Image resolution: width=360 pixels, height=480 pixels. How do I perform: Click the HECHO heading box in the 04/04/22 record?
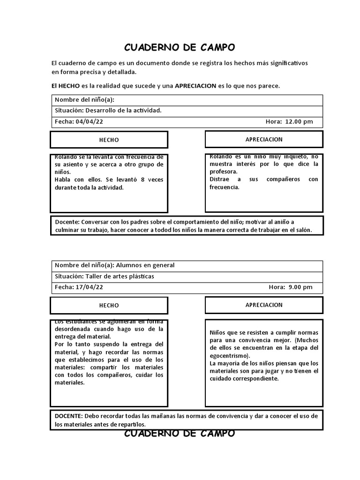coord(109,140)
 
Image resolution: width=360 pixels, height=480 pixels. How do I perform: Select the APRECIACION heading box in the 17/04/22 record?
coord(264,305)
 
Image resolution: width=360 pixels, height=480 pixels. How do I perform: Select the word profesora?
coord(223,172)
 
